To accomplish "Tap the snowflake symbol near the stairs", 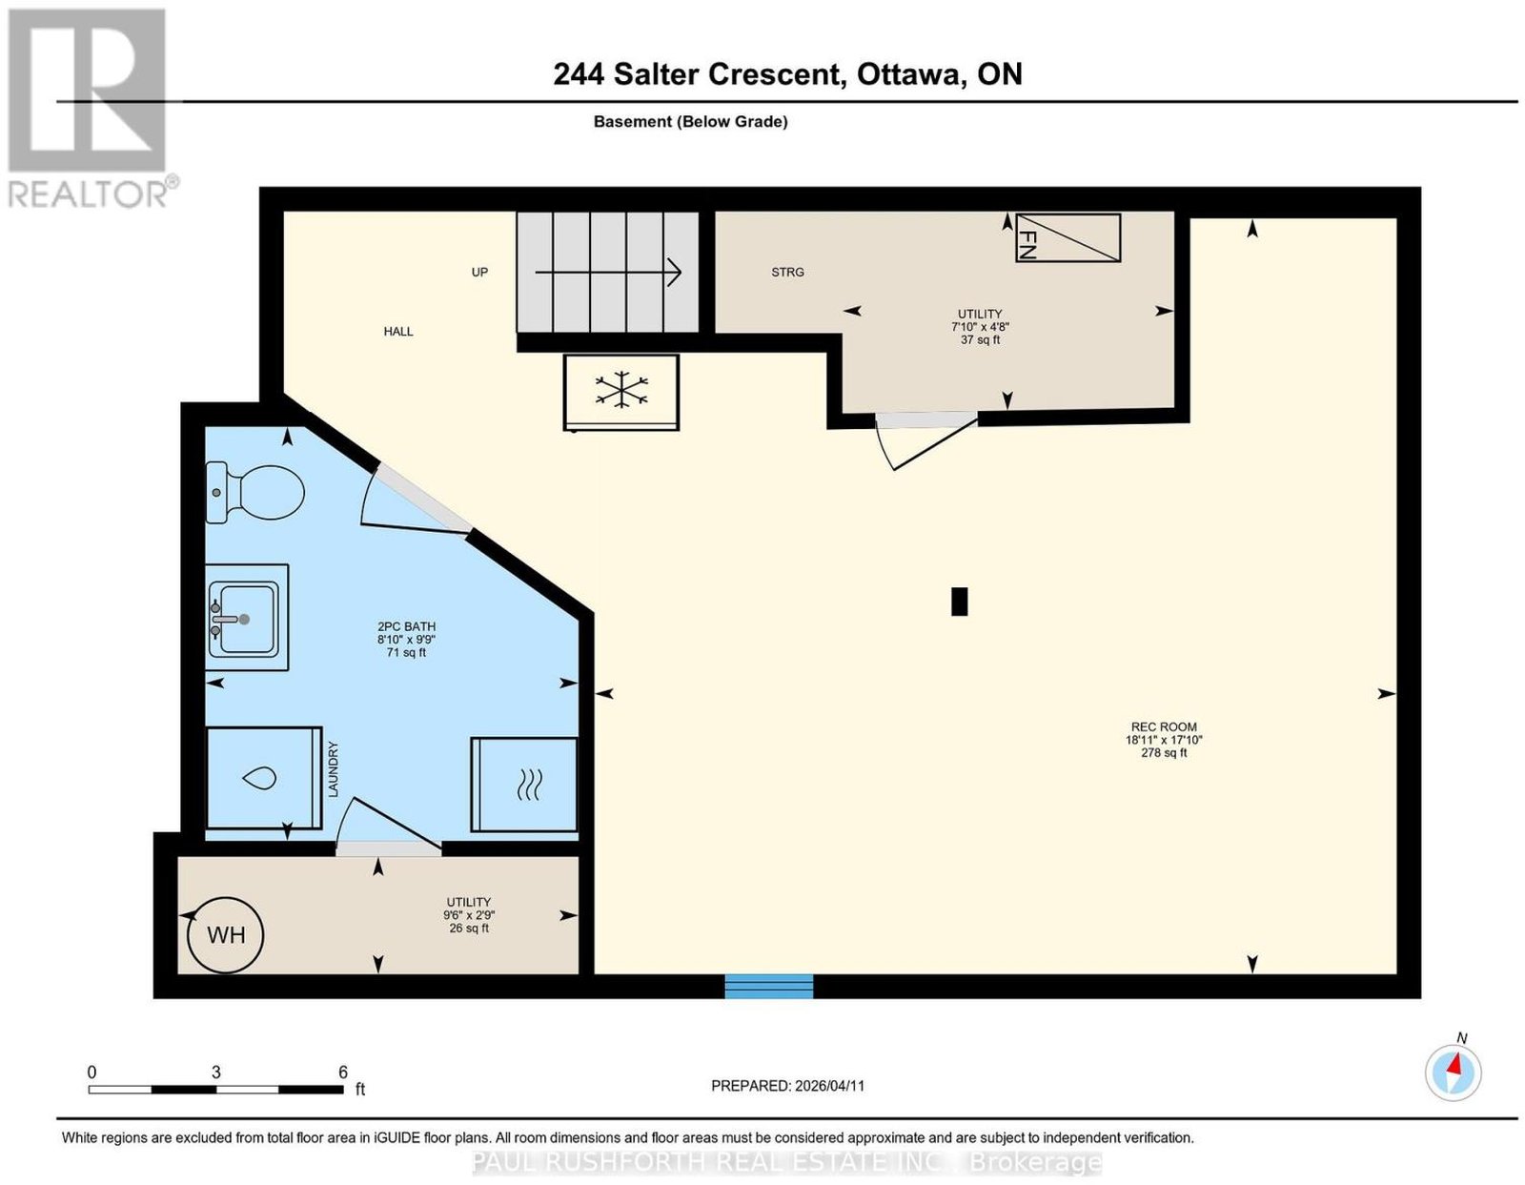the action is tap(621, 391).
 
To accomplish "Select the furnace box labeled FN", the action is tap(1067, 237).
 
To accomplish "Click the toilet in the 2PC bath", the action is tap(254, 492).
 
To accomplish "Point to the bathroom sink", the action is tap(246, 617).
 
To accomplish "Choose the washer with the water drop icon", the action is tap(263, 778).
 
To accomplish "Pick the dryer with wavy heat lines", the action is tap(524, 785).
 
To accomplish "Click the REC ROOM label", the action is tap(1164, 726).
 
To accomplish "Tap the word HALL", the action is tap(397, 331).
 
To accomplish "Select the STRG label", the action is tap(787, 273).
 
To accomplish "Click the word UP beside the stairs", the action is tap(479, 273).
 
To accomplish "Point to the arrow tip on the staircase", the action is tap(681, 273).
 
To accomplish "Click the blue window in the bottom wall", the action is tap(768, 986).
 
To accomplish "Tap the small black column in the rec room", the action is tap(959, 602).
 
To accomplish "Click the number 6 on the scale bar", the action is tap(342, 1072).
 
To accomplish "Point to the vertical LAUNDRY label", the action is tap(334, 769).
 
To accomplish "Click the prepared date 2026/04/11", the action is tap(829, 1085).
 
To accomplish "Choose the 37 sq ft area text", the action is tap(980, 339).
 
